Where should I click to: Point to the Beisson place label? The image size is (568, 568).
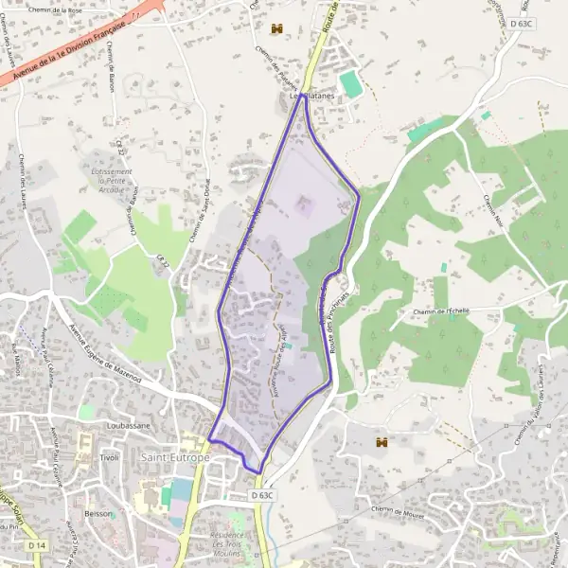[99, 514]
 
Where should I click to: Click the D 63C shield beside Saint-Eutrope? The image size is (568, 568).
[263, 495]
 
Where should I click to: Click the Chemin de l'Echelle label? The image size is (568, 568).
[441, 311]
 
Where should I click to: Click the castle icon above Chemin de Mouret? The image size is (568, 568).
[382, 442]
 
